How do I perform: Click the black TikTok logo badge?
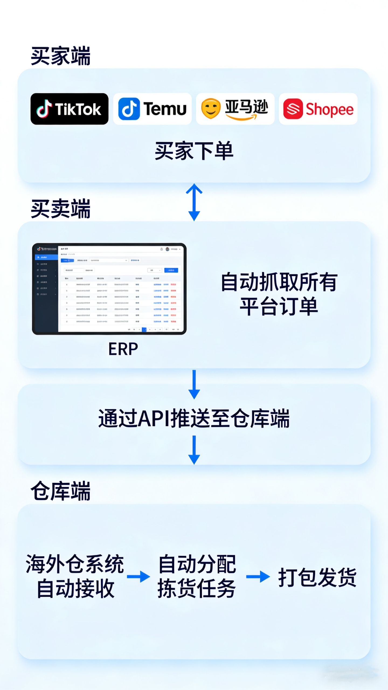(x=70, y=109)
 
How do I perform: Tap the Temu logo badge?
(x=152, y=109)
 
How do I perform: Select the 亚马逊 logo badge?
(x=235, y=109)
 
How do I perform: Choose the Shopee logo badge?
(x=318, y=109)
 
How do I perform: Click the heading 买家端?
(x=61, y=56)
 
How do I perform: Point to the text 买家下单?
(x=194, y=151)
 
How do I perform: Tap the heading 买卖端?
(x=61, y=209)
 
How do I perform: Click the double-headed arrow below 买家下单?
(x=194, y=202)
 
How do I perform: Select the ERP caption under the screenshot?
(x=123, y=349)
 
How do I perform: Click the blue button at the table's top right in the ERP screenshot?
(x=171, y=270)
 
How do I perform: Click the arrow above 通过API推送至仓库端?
(x=194, y=384)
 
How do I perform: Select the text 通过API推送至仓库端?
(x=194, y=418)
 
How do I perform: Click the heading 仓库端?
(x=61, y=491)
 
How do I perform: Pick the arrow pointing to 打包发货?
(x=258, y=577)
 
